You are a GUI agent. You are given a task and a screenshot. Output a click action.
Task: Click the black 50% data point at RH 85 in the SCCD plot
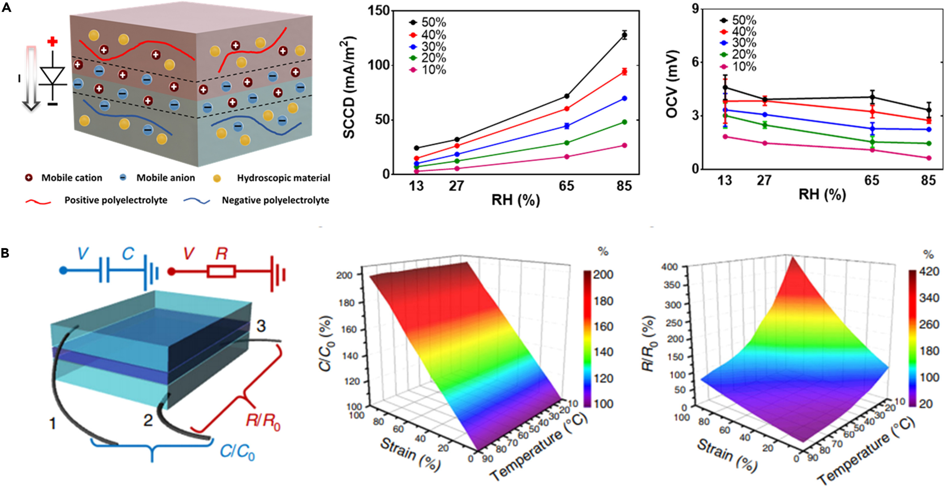pos(624,35)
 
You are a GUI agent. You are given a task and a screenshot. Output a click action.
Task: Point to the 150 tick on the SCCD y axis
pos(378,11)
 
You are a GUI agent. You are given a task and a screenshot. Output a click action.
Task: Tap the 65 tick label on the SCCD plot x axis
pos(566,186)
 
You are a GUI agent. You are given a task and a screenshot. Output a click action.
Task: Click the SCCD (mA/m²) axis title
pos(349,88)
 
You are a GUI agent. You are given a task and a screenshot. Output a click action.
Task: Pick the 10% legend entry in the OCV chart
pos(739,67)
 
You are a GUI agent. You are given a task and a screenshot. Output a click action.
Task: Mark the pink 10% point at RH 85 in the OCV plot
pos(929,158)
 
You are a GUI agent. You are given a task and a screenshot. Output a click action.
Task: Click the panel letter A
pos(6,7)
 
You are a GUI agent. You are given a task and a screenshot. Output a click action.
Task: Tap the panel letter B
pos(5,253)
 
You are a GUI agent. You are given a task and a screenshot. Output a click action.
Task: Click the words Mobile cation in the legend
pos(72,178)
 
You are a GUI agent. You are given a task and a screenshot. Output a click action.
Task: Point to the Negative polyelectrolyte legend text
pos(275,200)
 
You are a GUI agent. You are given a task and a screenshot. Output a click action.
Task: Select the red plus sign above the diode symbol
pos(53,42)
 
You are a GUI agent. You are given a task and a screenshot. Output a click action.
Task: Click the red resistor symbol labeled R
pos(221,271)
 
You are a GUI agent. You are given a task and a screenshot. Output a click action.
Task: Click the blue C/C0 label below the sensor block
pos(237,451)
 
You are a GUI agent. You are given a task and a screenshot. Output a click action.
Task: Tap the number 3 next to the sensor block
pos(261,327)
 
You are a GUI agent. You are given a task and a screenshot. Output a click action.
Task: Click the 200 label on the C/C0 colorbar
pos(603,275)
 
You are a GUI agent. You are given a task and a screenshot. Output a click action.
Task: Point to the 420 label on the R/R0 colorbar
pos(929,272)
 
